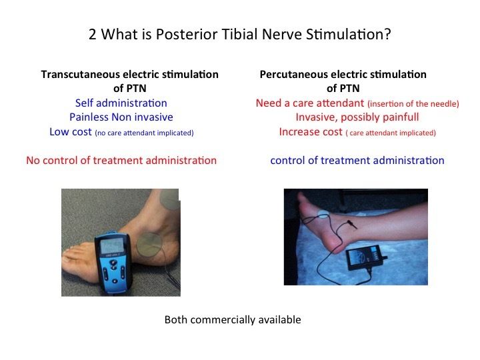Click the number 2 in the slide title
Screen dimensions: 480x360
(x=93, y=34)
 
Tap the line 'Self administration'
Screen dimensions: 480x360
(x=121, y=103)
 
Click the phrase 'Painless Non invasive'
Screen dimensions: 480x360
(x=121, y=117)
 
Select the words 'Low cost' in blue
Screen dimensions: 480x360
(x=71, y=131)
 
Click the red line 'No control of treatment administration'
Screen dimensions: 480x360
(x=121, y=161)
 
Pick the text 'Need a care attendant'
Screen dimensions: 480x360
(x=310, y=103)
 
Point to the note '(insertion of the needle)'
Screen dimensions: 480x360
(x=413, y=104)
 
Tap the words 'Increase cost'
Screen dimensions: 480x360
(x=311, y=131)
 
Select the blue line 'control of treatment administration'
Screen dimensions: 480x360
(x=357, y=161)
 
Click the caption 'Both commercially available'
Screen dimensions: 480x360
(x=233, y=319)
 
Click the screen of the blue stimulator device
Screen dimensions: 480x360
(x=113, y=245)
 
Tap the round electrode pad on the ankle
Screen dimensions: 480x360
(x=149, y=245)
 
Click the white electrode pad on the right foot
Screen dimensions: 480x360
(x=323, y=215)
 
